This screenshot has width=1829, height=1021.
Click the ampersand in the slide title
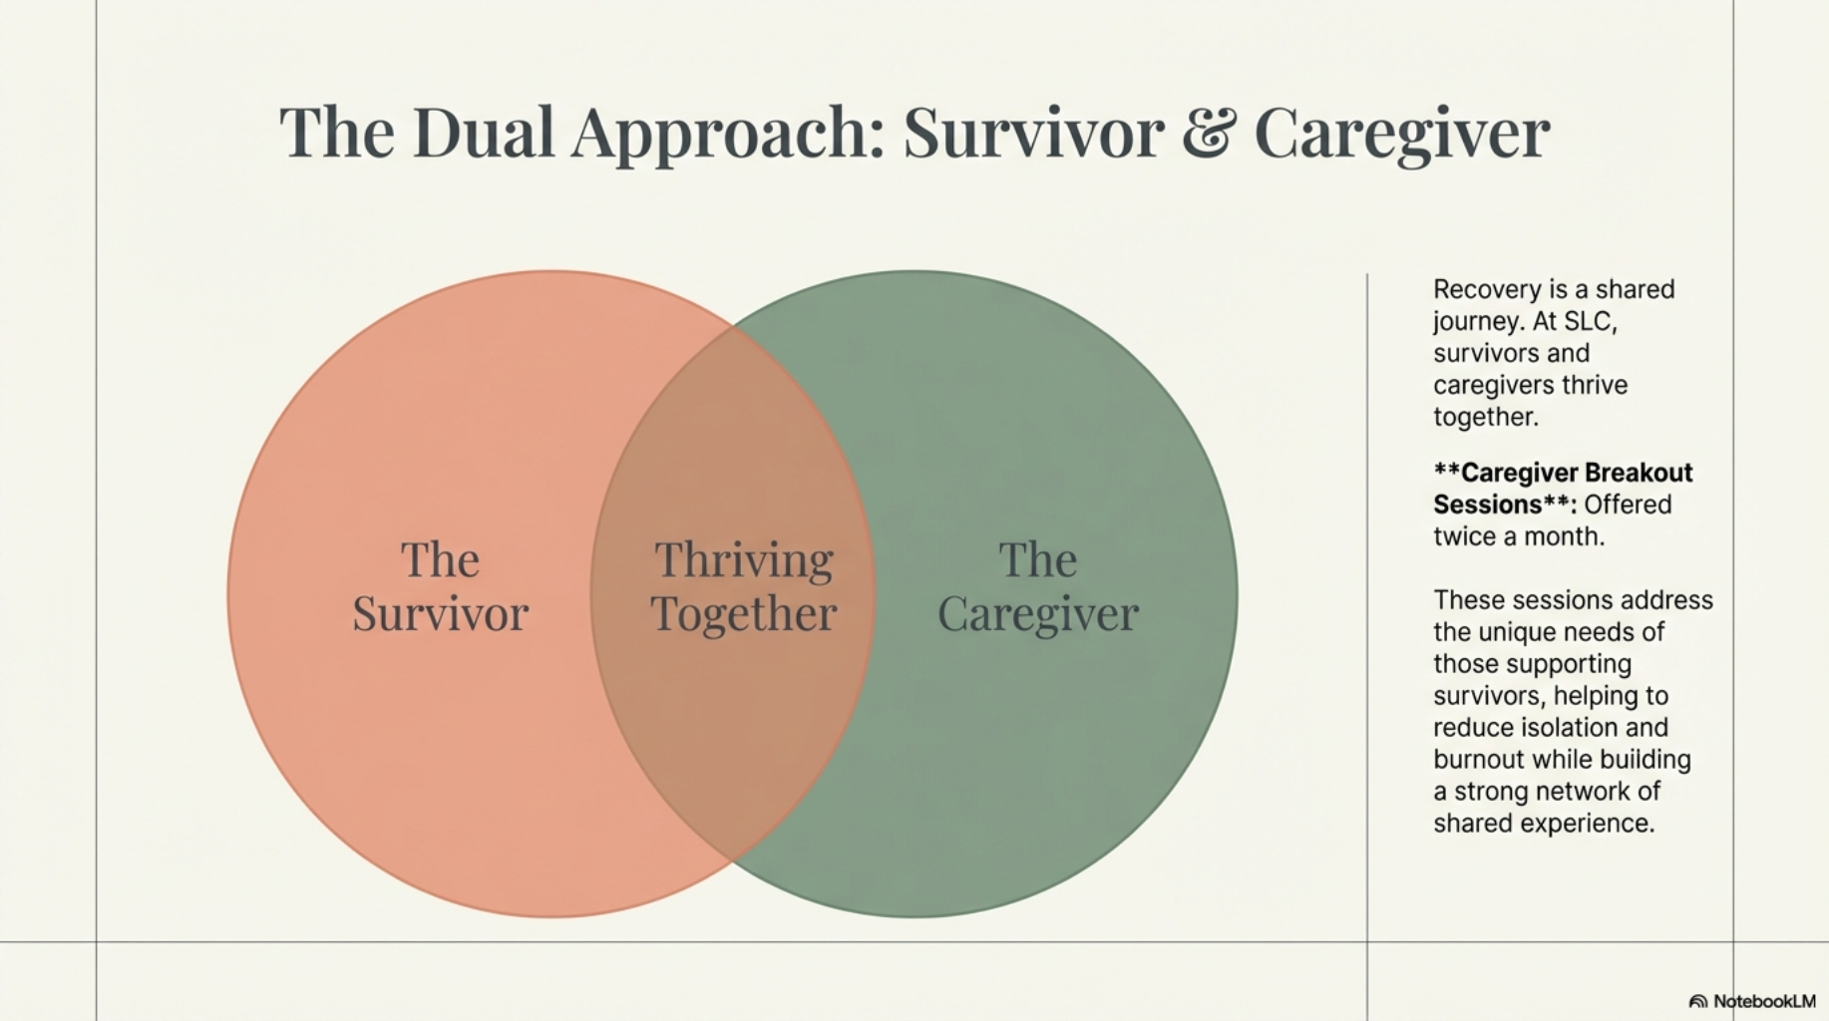coord(1209,133)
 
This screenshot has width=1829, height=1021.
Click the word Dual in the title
coord(483,133)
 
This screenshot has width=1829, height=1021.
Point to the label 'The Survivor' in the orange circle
coord(440,587)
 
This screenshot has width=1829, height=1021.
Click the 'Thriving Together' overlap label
coord(744,587)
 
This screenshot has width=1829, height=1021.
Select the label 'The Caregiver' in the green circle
coord(1038,587)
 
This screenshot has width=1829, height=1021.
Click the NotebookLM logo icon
coord(1698,1001)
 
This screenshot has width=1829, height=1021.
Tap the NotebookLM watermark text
coord(1764,1001)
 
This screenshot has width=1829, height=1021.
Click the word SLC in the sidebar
coord(1590,321)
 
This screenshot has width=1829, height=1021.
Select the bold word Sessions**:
coord(1505,505)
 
